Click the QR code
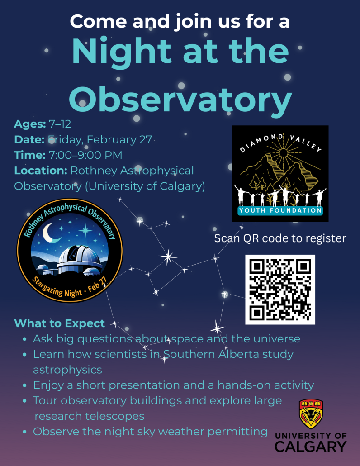(280, 290)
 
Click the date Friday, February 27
(100, 139)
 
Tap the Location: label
(40, 171)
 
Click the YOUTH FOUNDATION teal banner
(280, 210)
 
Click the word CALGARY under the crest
(311, 447)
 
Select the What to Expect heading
(59, 323)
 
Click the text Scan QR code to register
(280, 238)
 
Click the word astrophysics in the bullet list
(67, 370)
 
